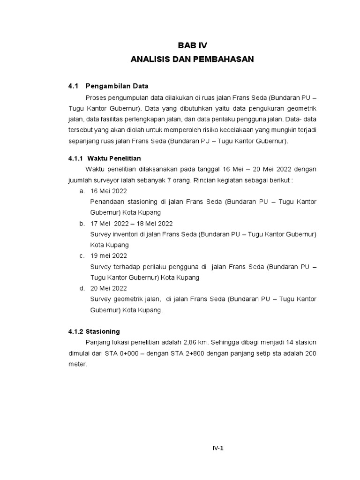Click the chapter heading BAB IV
[x=192, y=45]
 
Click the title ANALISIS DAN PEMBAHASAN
[x=192, y=60]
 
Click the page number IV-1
[x=218, y=448]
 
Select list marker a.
[x=82, y=191]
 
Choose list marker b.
[x=82, y=224]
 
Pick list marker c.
[x=82, y=256]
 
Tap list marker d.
[x=82, y=288]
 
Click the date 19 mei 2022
[x=109, y=256]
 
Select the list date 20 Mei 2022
[x=109, y=288]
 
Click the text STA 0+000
[x=127, y=353]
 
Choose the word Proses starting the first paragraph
[x=96, y=98]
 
